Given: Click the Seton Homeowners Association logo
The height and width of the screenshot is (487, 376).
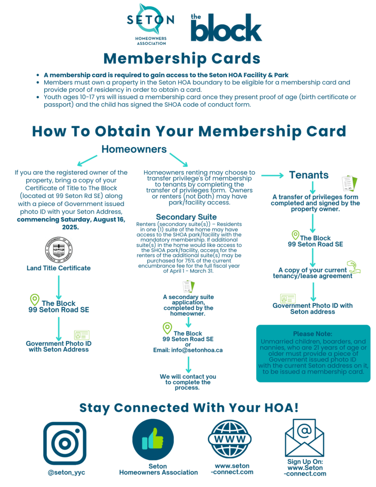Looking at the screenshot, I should [150, 24].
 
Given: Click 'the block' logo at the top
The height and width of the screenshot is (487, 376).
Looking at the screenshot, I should [219, 27].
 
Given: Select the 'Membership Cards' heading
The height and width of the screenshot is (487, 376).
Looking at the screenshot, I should [182, 58].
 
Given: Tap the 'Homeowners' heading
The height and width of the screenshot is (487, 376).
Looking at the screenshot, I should [134, 149].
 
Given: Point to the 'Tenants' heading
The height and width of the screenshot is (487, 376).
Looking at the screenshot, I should [309, 175].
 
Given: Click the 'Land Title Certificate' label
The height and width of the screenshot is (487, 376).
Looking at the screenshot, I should [58, 268].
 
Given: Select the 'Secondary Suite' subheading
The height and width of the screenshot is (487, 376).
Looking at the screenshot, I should [186, 217].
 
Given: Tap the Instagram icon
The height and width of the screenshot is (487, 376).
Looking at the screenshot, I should [65, 443].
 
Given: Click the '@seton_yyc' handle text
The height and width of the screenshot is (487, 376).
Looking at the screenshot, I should [65, 472].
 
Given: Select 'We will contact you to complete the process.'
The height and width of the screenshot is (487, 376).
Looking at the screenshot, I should [188, 382].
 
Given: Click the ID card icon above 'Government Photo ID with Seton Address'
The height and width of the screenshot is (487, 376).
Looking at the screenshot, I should [81, 335].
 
